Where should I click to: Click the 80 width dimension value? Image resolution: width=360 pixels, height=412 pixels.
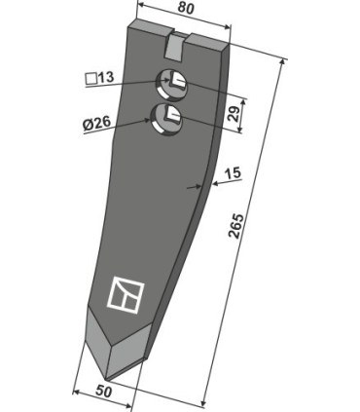pos(186,9)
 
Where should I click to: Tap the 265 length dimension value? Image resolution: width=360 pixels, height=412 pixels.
pos(235,226)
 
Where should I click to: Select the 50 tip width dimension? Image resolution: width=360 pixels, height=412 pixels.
pos(104,392)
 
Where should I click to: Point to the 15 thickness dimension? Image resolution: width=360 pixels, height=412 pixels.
pos(234,172)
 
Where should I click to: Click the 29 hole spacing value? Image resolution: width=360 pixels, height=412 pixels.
pos(234,113)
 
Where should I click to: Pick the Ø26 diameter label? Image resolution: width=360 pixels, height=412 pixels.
pos(96,123)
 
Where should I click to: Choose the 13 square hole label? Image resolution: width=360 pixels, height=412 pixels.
pos(105,77)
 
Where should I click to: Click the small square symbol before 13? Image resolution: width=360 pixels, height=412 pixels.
pos(91,79)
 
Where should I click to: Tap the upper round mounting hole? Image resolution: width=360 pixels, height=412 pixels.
pos(172,84)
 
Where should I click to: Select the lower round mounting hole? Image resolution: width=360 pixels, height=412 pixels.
pos(167,118)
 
